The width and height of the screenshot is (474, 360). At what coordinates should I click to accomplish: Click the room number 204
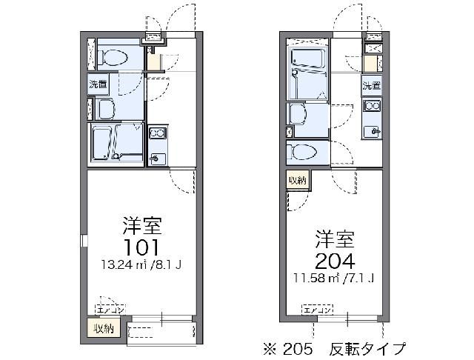335,260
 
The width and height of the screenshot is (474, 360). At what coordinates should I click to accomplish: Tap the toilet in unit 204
304,153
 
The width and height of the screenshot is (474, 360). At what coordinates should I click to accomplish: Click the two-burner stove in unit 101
158,134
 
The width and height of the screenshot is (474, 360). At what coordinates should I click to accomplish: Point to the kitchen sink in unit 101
156,158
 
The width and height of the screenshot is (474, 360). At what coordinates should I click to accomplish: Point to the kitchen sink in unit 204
370,132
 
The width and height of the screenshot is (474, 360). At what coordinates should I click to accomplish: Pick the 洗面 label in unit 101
99,84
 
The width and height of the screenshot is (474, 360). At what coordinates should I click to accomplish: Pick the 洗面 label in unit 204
371,85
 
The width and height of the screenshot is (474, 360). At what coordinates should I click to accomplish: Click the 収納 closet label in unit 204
298,180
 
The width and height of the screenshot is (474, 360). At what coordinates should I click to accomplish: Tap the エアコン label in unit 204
316,309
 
